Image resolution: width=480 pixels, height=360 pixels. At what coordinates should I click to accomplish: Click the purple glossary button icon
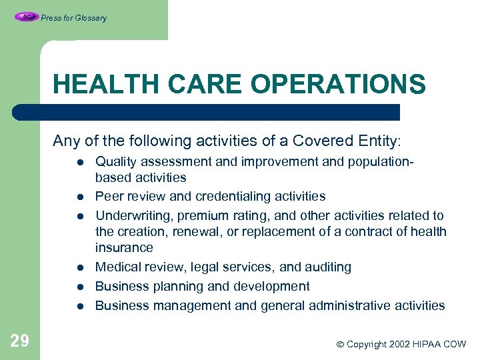(x=26, y=17)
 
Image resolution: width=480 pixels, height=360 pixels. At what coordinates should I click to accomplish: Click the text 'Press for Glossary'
(x=73, y=18)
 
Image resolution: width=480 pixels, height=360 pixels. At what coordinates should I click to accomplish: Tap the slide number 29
(x=19, y=341)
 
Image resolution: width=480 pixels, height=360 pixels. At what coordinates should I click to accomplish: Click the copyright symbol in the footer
(x=340, y=344)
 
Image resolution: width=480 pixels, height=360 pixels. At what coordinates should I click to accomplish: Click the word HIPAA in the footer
(x=431, y=344)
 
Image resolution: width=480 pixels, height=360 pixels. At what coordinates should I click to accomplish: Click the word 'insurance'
(x=124, y=247)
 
